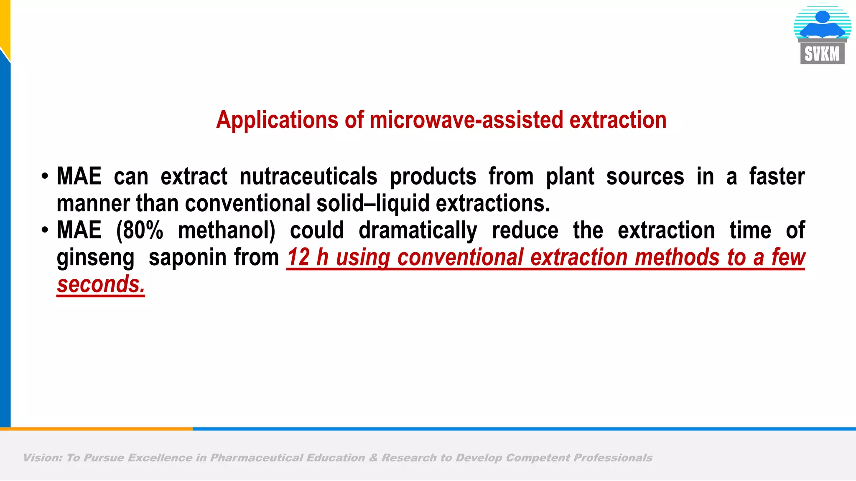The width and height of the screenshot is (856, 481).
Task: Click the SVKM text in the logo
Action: pos(822,54)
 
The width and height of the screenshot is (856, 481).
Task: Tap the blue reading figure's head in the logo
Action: pos(822,17)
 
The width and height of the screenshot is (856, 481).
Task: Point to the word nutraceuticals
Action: pos(308,177)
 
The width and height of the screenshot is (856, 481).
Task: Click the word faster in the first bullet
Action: pos(777,177)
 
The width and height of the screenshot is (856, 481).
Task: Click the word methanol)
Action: pos(227,230)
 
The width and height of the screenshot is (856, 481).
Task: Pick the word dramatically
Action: pos(418,230)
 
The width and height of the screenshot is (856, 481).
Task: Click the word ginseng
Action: pos(95,258)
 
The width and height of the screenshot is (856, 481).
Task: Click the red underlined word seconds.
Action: pos(100,285)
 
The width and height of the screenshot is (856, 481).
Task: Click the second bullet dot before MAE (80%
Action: pos(45,230)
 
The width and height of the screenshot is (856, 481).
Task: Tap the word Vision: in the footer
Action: pos(43,458)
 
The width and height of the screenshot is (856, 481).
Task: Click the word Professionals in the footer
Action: pos(612,458)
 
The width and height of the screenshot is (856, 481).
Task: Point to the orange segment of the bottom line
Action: pos(96,429)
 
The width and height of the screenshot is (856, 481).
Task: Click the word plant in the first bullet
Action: pos(570,177)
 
